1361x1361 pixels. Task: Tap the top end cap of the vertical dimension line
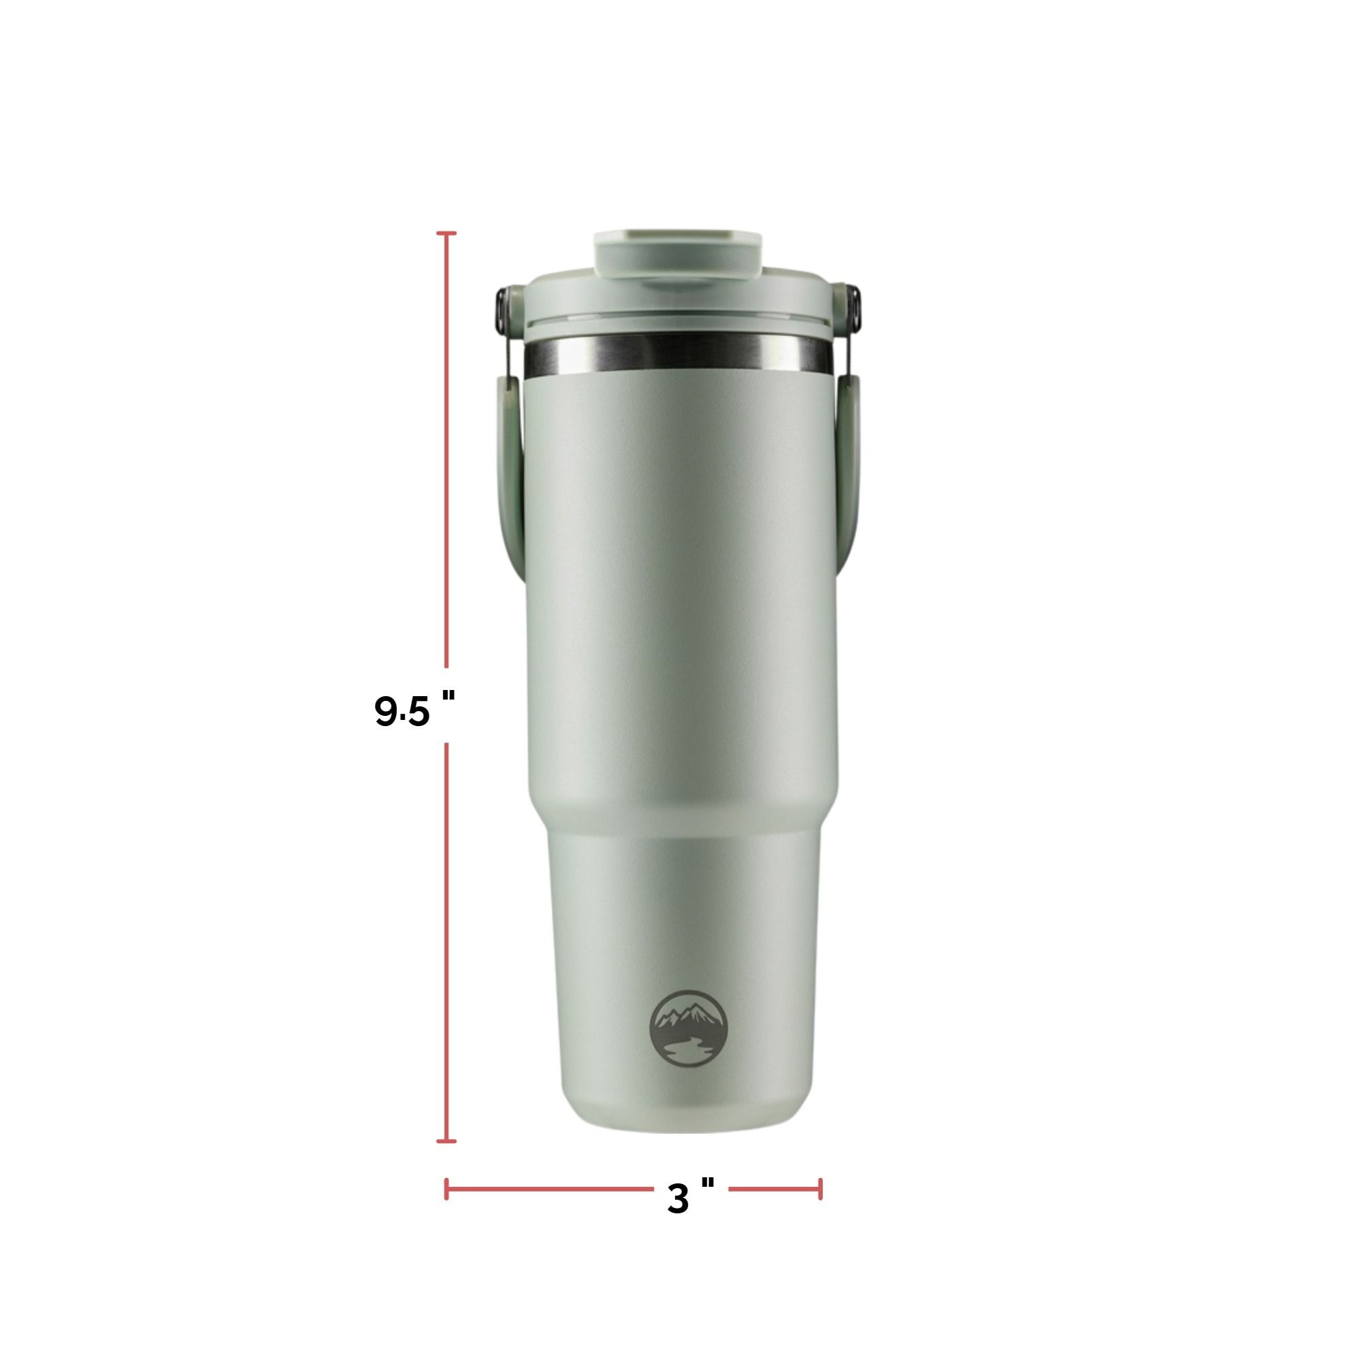(446, 233)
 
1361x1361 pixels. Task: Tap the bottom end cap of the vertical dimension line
(446, 1141)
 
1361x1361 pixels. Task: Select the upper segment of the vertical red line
(446, 451)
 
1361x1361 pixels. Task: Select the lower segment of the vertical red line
(446, 944)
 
